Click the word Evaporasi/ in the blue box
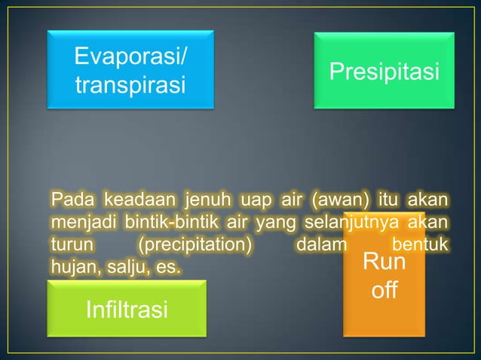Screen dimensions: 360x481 (133, 56)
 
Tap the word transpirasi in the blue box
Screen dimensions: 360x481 (130, 84)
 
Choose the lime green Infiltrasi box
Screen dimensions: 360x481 (127, 309)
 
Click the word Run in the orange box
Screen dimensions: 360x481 (384, 264)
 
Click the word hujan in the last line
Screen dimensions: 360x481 (73, 267)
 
